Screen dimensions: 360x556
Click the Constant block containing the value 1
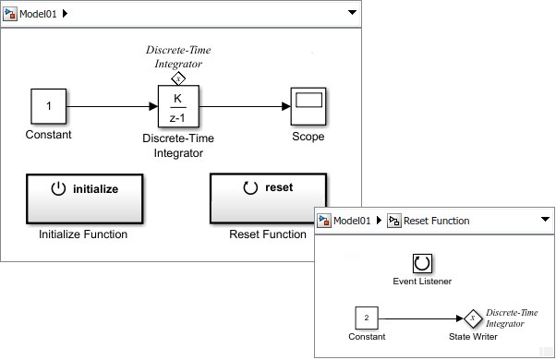point(49,107)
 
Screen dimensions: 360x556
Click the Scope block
point(307,107)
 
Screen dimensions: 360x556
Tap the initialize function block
point(84,197)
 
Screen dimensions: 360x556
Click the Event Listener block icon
point(422,263)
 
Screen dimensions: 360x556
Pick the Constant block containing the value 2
point(367,318)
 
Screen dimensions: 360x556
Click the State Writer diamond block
point(472,318)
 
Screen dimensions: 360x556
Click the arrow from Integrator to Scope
point(245,107)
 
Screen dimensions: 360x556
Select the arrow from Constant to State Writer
point(420,318)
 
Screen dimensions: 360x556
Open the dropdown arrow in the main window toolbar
point(351,12)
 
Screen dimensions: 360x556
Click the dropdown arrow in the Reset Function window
point(544,221)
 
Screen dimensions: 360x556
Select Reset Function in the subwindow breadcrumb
point(437,221)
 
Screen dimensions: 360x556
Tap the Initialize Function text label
point(83,234)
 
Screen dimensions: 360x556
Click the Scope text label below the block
point(308,136)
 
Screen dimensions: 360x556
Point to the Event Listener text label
point(422,282)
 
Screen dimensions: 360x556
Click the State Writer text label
point(472,337)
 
